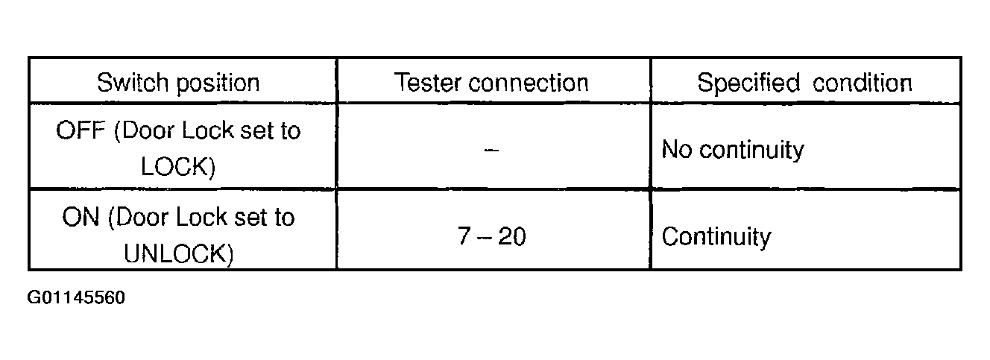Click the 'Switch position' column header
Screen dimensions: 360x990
[178, 82]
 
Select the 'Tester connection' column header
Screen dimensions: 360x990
[491, 82]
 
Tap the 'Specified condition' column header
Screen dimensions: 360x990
[804, 82]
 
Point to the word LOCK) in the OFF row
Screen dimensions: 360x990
[178, 167]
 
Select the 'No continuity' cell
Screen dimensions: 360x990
[733, 151]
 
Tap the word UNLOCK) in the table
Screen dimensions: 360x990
[179, 253]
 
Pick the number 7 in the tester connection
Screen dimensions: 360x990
[464, 237]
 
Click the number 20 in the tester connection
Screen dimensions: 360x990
[511, 237]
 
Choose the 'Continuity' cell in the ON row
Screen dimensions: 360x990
[716, 237]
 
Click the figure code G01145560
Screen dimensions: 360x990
[76, 299]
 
